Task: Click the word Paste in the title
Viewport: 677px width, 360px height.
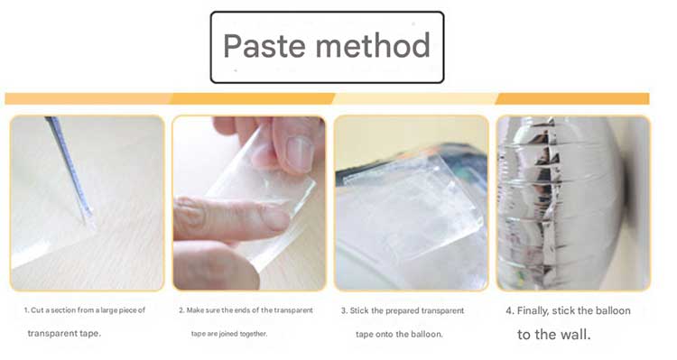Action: tap(264, 46)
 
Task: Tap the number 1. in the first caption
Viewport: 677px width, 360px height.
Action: tap(26, 310)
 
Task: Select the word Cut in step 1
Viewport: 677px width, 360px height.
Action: tap(37, 310)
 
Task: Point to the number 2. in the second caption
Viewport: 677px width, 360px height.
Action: tap(181, 310)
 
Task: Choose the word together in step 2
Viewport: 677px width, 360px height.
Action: tap(254, 334)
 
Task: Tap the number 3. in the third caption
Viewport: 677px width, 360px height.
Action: tap(344, 310)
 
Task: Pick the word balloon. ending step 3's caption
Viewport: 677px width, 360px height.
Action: tap(427, 334)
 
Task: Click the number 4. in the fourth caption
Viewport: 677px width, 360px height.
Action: tap(510, 310)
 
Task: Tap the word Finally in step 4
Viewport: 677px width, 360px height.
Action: tap(533, 310)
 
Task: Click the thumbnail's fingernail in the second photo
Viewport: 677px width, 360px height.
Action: tap(300, 153)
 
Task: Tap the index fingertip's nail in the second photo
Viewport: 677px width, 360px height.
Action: tap(274, 218)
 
